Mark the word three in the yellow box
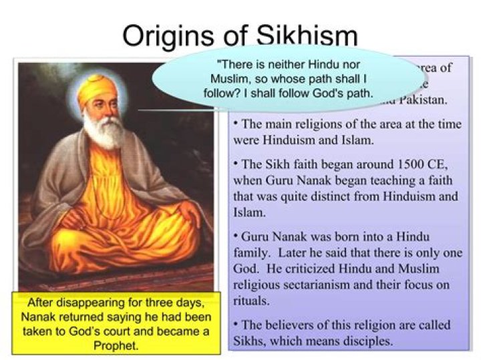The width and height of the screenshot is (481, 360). [x=158, y=302]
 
